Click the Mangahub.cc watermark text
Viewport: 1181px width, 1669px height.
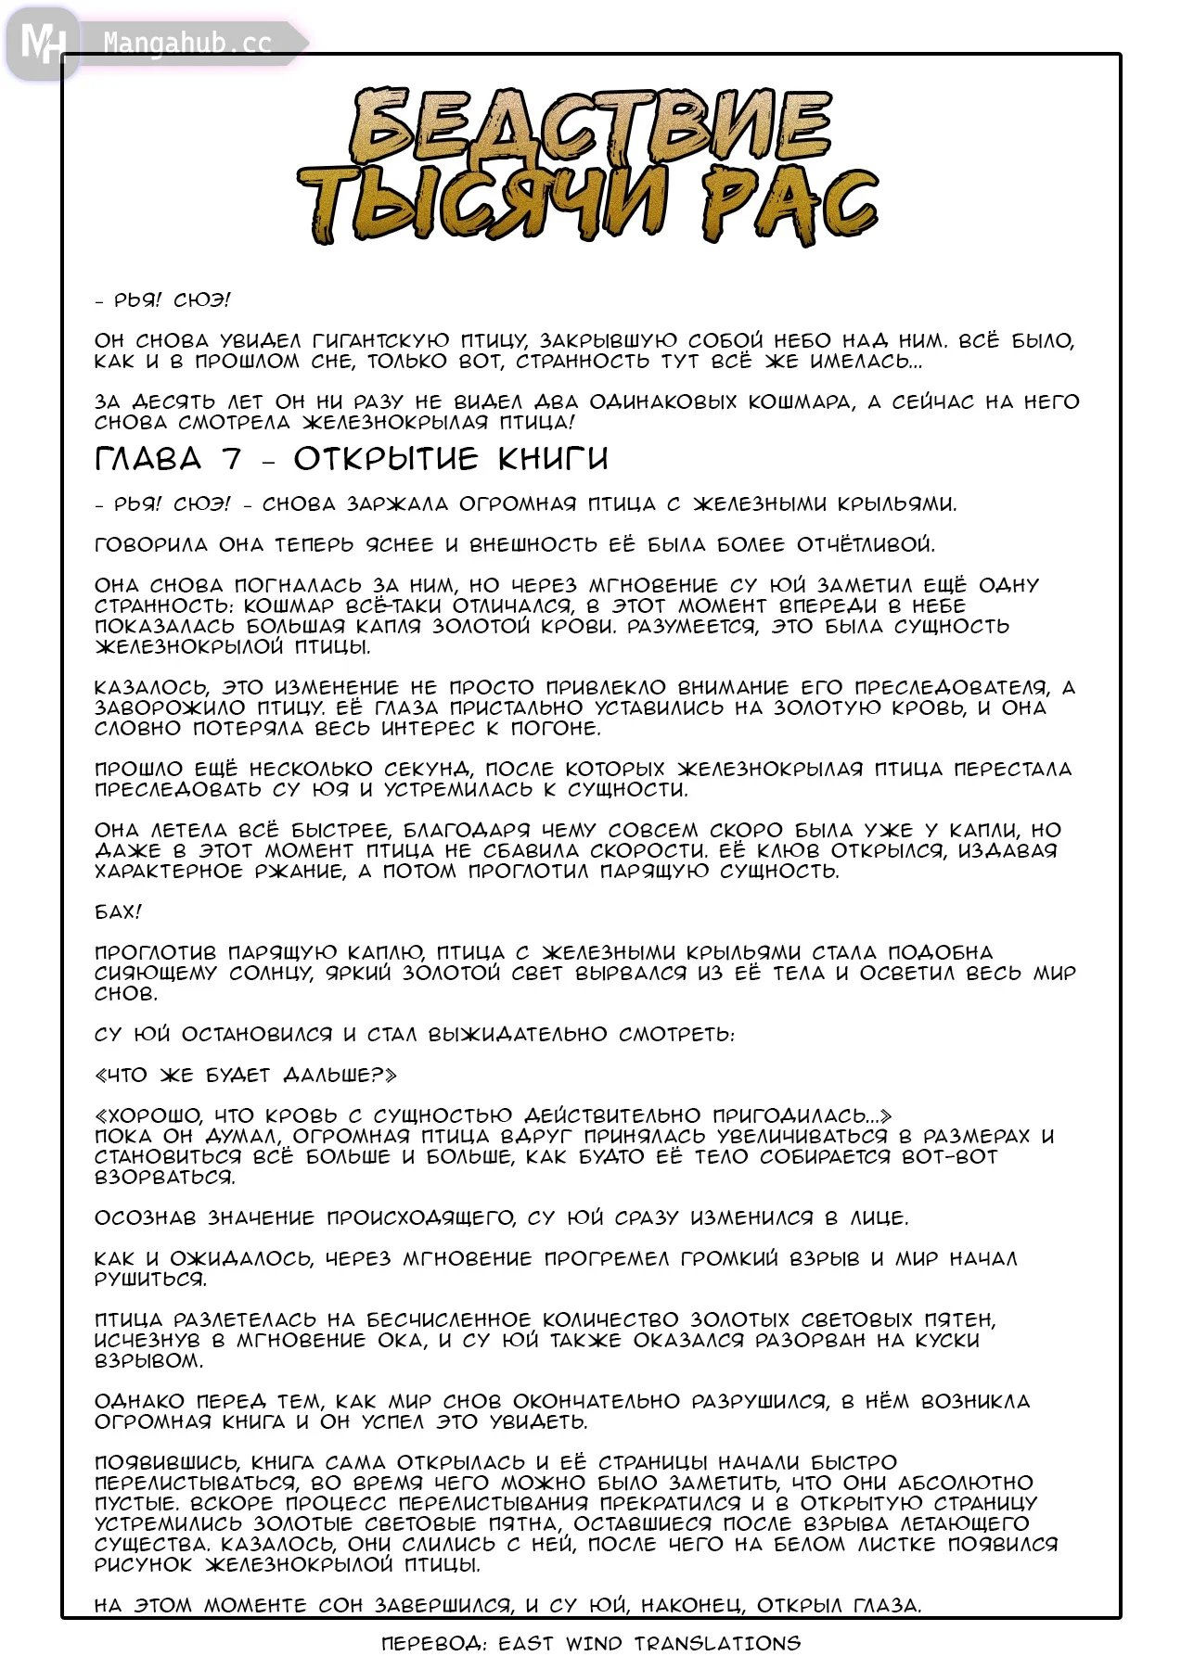(187, 43)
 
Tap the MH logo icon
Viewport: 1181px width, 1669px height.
(42, 43)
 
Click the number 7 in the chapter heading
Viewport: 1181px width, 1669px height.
(231, 458)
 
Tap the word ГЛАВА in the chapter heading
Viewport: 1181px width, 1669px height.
(148, 458)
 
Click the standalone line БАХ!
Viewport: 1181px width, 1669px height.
(118, 911)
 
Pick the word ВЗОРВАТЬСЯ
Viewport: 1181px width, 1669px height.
(164, 1177)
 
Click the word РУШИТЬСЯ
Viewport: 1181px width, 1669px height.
(150, 1279)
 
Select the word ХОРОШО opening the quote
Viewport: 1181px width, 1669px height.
(156, 1115)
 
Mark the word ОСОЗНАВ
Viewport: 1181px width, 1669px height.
(146, 1217)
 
